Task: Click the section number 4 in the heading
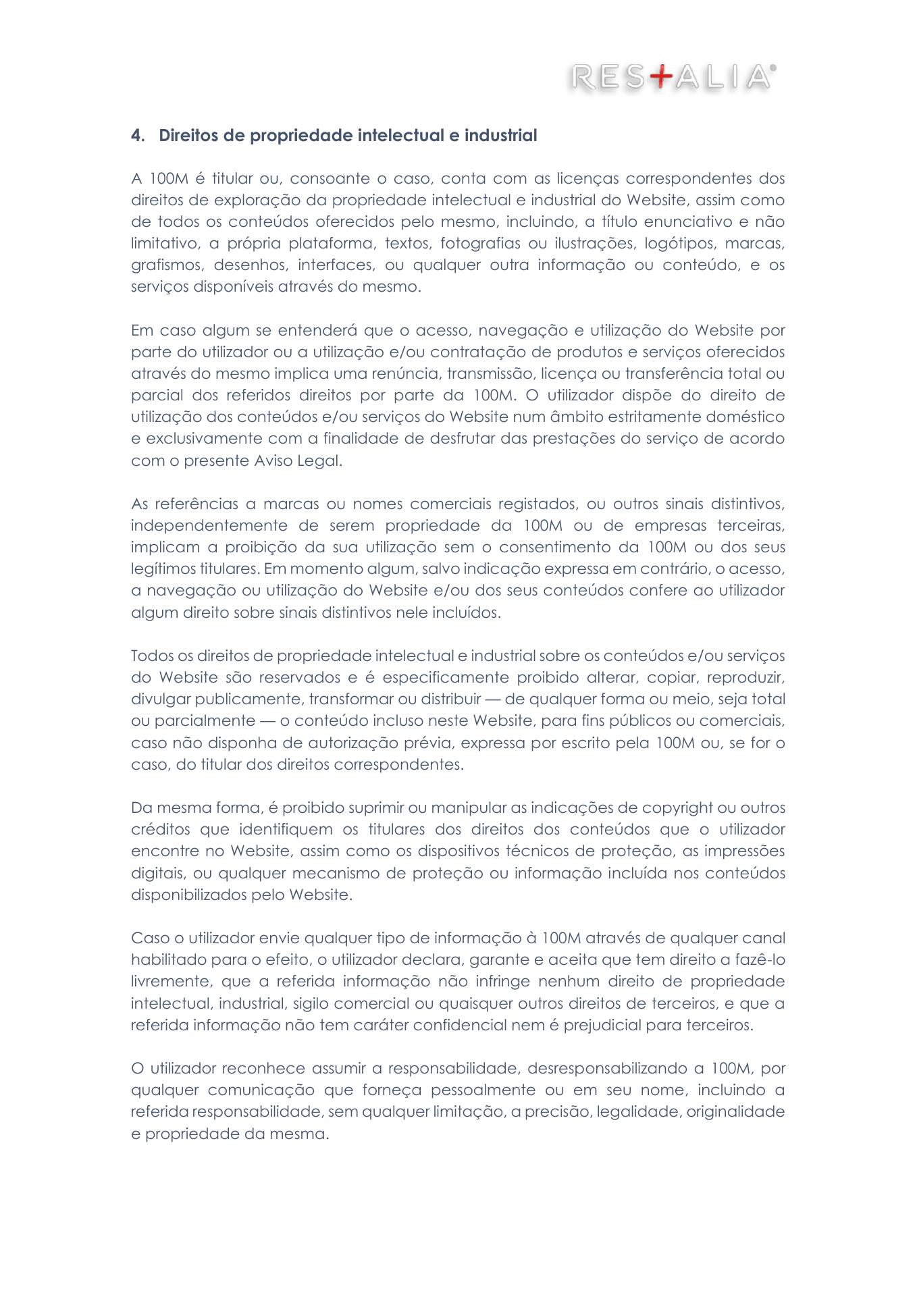pos(136,136)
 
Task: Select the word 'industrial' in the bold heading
pos(500,136)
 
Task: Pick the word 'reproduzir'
pos(748,677)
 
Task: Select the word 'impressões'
pos(745,851)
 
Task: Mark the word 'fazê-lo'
pos(758,959)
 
